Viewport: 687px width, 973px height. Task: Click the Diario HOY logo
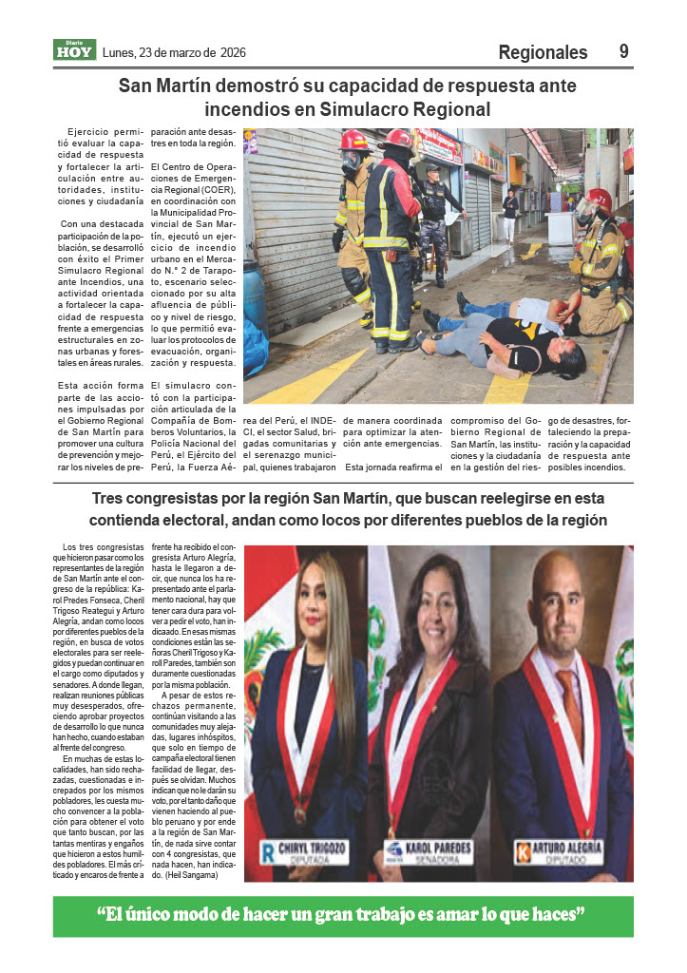[x=74, y=50]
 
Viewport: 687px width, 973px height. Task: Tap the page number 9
[x=624, y=52]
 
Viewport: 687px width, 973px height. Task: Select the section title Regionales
[x=543, y=52]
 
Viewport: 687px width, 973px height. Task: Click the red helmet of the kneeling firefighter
[x=600, y=199]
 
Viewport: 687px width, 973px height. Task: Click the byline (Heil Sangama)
[x=194, y=875]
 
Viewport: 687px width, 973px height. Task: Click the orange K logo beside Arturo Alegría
[x=522, y=851]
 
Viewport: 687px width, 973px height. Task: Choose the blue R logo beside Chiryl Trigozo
[x=268, y=851]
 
